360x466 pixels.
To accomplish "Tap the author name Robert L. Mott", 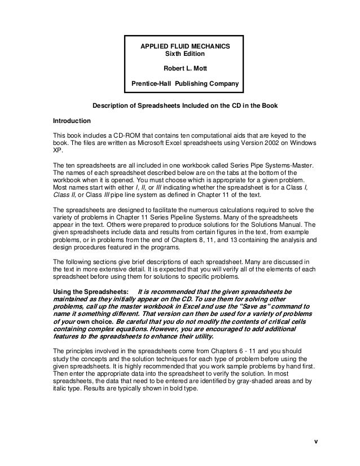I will pyautogui.click(x=185, y=69).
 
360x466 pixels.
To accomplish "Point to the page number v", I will pyautogui.click(x=317, y=442).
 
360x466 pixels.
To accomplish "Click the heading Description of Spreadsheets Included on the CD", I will pyautogui.click(x=169, y=106).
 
